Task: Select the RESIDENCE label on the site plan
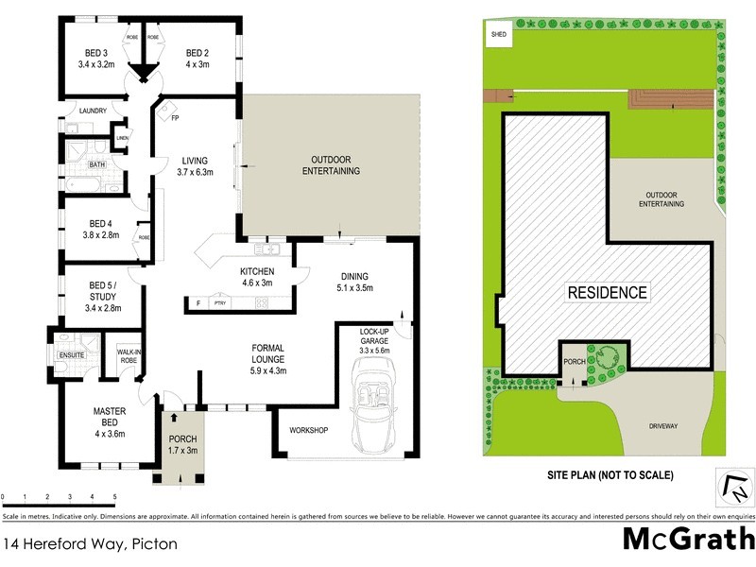pyautogui.click(x=607, y=292)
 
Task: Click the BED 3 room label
pyautogui.click(x=95, y=53)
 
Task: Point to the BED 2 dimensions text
pyautogui.click(x=197, y=65)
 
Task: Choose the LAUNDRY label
pyautogui.click(x=93, y=111)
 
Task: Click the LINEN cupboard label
pyautogui.click(x=122, y=139)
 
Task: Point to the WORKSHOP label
pyautogui.click(x=308, y=431)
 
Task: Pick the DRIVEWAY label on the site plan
pyautogui.click(x=663, y=426)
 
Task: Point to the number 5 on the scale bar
pyautogui.click(x=115, y=496)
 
